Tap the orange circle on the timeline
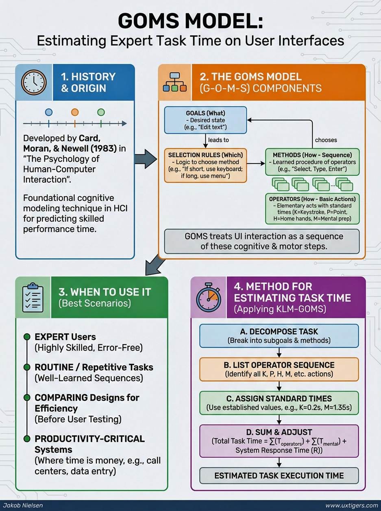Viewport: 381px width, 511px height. [74, 112]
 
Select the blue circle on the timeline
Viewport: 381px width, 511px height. [49, 112]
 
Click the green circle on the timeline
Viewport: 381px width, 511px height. [101, 112]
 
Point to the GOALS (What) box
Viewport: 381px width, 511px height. [205, 120]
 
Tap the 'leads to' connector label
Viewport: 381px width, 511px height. [218, 140]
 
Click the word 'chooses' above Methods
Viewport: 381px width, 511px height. [326, 140]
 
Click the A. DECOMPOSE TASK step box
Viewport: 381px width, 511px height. [279, 336]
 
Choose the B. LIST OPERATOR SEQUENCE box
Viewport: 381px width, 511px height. [279, 369]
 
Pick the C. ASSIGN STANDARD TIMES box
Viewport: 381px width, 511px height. [279, 403]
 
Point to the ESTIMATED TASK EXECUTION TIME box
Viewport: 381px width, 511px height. [279, 475]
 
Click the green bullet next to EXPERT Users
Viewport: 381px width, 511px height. [27, 337]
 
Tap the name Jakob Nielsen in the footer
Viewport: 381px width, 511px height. [23, 505]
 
